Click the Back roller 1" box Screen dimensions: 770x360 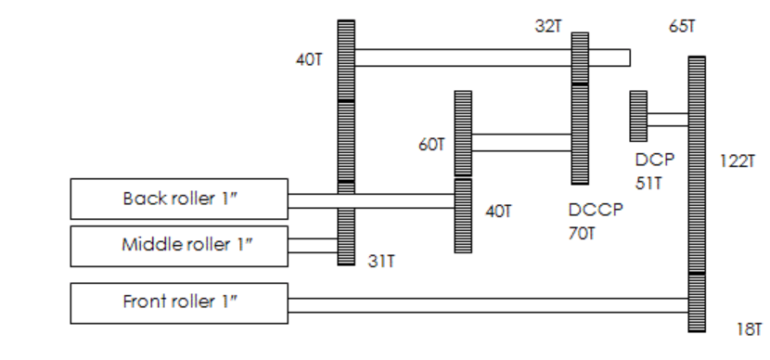(x=179, y=199)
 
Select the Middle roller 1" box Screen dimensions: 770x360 (x=179, y=247)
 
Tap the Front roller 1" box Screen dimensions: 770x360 (x=179, y=303)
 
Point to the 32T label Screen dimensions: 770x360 (x=548, y=26)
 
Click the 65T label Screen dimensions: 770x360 (x=682, y=26)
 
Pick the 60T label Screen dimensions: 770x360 (x=431, y=145)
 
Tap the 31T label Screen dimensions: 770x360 (x=381, y=262)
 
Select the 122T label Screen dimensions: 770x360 (x=737, y=161)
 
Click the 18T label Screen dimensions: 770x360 (x=749, y=329)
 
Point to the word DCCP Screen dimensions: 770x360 (x=596, y=210)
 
